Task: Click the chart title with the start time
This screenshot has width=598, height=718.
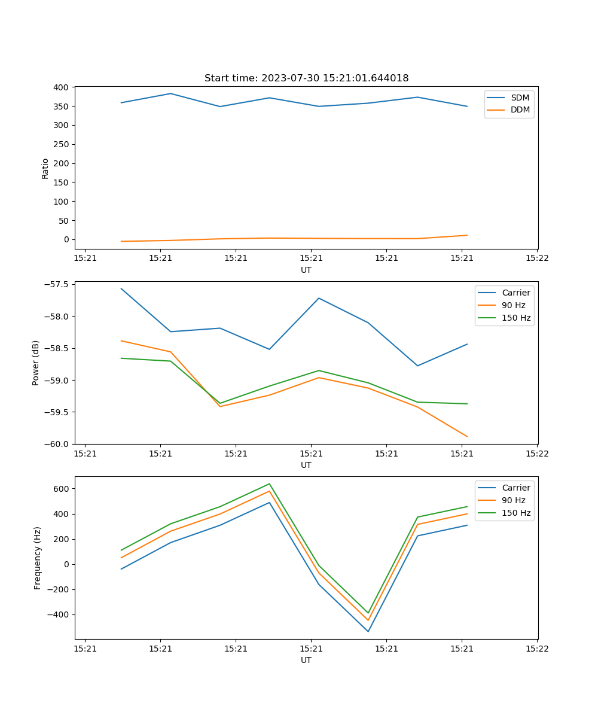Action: coord(306,78)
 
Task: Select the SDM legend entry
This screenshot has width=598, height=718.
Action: coord(520,98)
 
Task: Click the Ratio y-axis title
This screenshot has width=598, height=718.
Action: coord(45,168)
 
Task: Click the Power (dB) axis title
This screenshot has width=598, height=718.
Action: coord(36,363)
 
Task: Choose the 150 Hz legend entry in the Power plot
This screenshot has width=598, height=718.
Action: coord(516,318)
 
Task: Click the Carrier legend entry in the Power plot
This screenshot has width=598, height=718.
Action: coord(516,293)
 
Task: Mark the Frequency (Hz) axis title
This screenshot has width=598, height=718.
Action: coord(38,558)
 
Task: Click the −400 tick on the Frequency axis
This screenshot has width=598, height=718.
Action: coord(57,614)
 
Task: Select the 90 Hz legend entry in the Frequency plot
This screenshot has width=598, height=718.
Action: coord(514,500)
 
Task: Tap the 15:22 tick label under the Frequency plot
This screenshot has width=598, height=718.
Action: coord(536,649)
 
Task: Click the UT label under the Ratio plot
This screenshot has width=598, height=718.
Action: coord(306,270)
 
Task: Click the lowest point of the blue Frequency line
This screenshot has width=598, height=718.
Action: coord(368,631)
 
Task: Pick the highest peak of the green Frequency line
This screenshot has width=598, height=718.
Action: coord(270,483)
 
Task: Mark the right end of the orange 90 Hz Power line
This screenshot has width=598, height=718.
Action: coord(467,437)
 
